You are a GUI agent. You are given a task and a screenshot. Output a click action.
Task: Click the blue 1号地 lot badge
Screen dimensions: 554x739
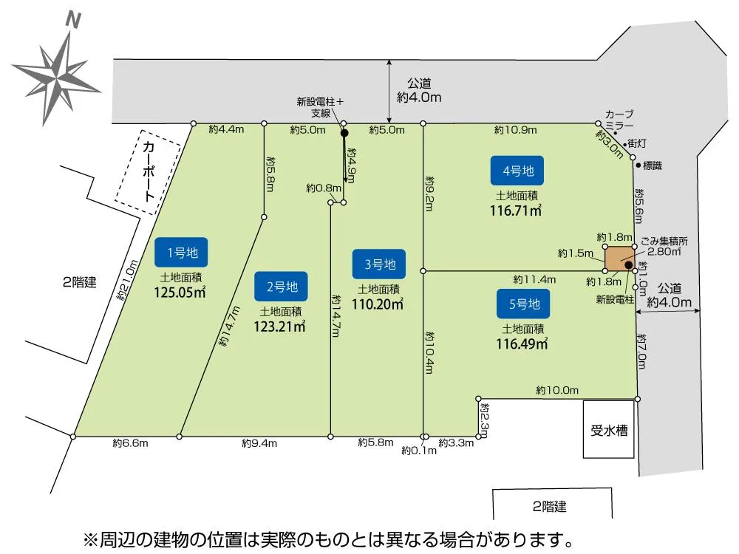pos(181,253)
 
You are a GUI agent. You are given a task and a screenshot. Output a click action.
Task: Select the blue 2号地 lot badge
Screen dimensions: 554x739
pos(281,287)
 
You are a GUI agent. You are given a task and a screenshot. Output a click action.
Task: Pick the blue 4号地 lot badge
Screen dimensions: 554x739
pos(517,171)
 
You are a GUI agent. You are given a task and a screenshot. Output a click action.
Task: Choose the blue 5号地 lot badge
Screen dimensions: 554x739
pos(523,303)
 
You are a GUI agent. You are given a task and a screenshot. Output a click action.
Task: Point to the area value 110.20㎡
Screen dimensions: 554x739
pos(379,303)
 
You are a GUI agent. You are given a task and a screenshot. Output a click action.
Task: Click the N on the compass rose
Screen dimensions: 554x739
pos(72,21)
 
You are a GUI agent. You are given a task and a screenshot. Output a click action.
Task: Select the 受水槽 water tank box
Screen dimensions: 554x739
pos(609,430)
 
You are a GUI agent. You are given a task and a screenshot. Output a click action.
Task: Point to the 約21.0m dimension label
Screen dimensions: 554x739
pos(126,279)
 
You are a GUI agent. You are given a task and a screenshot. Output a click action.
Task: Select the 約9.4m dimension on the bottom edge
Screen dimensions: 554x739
pos(259,444)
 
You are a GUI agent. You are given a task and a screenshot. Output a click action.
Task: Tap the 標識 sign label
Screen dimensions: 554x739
pos(652,166)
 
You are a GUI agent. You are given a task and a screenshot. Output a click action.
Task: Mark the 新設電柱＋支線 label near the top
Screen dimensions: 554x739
pos(321,108)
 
